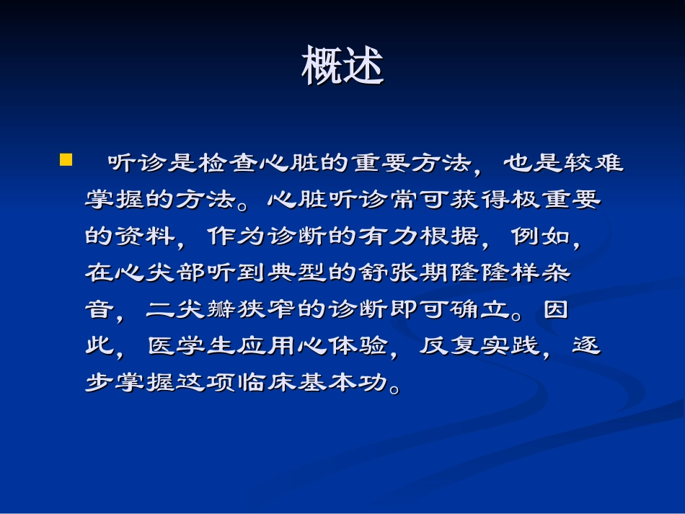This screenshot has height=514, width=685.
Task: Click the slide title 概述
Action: click(x=342, y=67)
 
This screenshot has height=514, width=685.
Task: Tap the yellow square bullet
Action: click(x=66, y=159)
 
